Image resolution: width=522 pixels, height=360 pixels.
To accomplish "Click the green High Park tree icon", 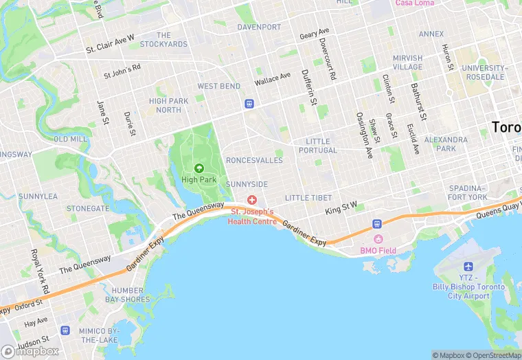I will coord(199,168).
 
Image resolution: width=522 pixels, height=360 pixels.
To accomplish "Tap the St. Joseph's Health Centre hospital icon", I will coord(252,200).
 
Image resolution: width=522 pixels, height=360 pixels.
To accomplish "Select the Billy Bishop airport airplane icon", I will coord(469,266).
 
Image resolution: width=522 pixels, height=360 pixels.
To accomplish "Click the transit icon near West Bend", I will coord(249,104).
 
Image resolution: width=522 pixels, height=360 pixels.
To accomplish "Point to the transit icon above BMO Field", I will coord(377,224).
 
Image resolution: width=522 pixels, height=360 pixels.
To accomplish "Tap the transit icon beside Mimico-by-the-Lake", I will coord(65,330).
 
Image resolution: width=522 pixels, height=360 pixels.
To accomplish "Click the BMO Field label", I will coord(378,250).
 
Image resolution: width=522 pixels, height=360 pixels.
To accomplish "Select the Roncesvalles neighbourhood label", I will coord(254,160).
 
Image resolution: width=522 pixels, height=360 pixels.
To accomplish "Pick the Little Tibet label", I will coord(308,197).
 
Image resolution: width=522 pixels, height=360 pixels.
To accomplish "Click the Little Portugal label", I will coord(321,146).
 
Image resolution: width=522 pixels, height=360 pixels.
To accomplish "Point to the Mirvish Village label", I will coord(408,63).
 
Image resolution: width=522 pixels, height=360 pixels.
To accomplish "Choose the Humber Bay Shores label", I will coord(127,295).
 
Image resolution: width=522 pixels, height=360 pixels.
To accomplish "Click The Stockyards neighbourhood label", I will coord(163,40).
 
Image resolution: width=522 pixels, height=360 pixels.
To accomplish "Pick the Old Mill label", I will coord(70,139).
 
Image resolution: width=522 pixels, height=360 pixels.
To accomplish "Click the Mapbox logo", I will coord(30,351).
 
